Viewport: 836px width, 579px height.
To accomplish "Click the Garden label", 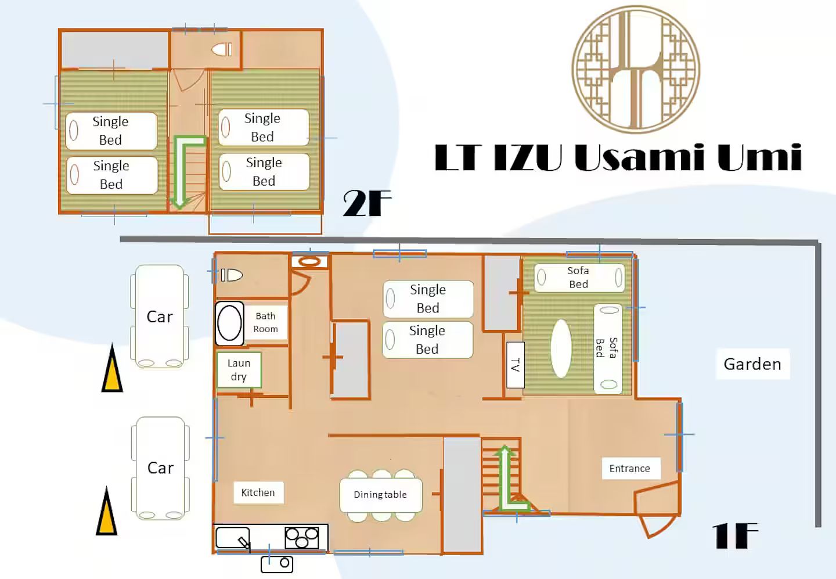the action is pyautogui.click(x=752, y=364).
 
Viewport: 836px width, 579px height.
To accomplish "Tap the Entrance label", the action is pyautogui.click(x=630, y=468).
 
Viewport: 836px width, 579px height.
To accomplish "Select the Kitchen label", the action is pyautogui.click(x=258, y=492).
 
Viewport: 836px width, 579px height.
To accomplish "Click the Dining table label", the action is pyautogui.click(x=381, y=494).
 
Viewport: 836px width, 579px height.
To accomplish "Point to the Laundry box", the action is pyautogui.click(x=239, y=369).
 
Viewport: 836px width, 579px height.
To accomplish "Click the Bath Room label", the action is pyautogui.click(x=266, y=322).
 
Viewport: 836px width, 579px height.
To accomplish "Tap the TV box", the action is pyautogui.click(x=516, y=365).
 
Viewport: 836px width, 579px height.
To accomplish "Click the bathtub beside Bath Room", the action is pyautogui.click(x=229, y=323).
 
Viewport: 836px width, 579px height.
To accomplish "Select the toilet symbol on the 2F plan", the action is pyautogui.click(x=222, y=49).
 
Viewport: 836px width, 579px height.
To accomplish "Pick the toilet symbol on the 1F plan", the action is pyautogui.click(x=232, y=275).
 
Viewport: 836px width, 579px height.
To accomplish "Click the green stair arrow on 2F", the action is pyautogui.click(x=185, y=170).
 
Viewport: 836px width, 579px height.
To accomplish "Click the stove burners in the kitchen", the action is pyautogui.click(x=302, y=538).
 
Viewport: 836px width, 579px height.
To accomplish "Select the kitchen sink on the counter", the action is pyautogui.click(x=233, y=538).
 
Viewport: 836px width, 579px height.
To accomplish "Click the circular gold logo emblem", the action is pyautogui.click(x=636, y=70).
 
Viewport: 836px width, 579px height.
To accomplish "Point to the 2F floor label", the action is pyautogui.click(x=367, y=203).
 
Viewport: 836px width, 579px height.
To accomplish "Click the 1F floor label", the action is pyautogui.click(x=735, y=536).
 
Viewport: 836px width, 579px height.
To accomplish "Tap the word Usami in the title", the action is pyautogui.click(x=640, y=157).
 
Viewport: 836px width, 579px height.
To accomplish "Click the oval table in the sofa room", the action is pyautogui.click(x=561, y=348).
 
